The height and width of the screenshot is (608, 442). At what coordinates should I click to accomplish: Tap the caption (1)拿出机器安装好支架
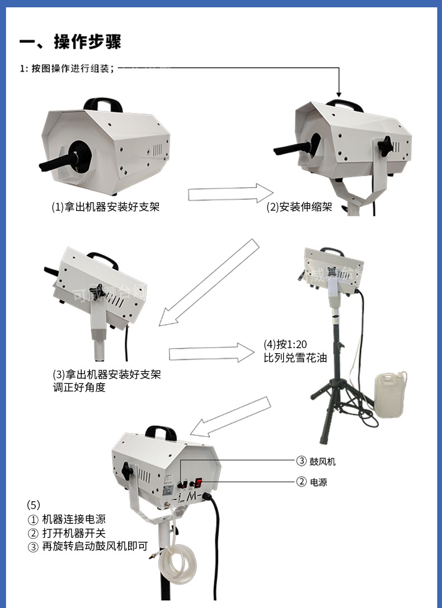(106, 207)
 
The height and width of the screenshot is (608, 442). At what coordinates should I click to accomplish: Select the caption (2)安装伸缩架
(299, 207)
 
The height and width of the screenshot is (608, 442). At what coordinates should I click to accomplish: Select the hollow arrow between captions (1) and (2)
(230, 193)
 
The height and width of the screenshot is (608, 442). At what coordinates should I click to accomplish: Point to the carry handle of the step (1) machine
(104, 104)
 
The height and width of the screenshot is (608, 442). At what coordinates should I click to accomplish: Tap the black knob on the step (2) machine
(385, 147)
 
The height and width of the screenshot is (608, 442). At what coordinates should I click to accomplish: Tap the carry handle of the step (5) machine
(161, 433)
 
